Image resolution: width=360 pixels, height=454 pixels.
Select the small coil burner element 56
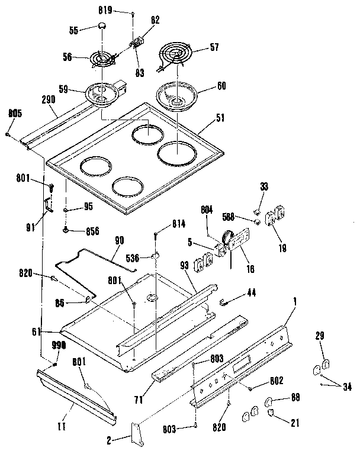[104, 59]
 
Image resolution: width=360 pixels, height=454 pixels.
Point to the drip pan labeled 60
[176, 95]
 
